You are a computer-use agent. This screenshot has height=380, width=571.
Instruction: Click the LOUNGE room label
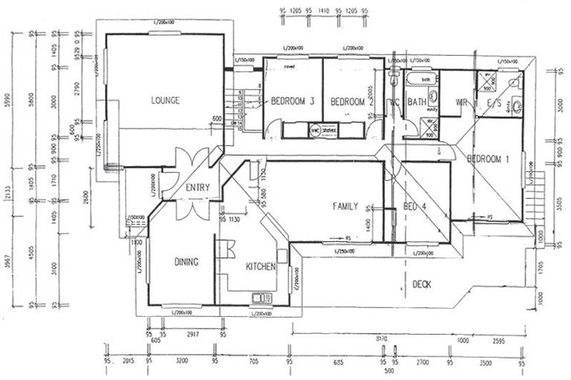[x=165, y=100]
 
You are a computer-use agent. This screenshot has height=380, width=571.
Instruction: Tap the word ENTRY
[x=199, y=187]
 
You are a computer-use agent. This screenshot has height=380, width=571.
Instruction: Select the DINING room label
[x=187, y=261]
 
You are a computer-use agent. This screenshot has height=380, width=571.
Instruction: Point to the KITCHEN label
[x=261, y=266]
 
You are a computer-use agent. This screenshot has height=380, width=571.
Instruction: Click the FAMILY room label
[x=346, y=206]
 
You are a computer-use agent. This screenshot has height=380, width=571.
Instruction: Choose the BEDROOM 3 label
[x=292, y=101]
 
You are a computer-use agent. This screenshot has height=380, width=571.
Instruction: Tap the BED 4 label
[x=413, y=206]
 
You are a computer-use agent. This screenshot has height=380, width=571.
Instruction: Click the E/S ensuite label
[x=493, y=102]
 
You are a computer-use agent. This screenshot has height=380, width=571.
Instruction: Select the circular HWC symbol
[x=315, y=128]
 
